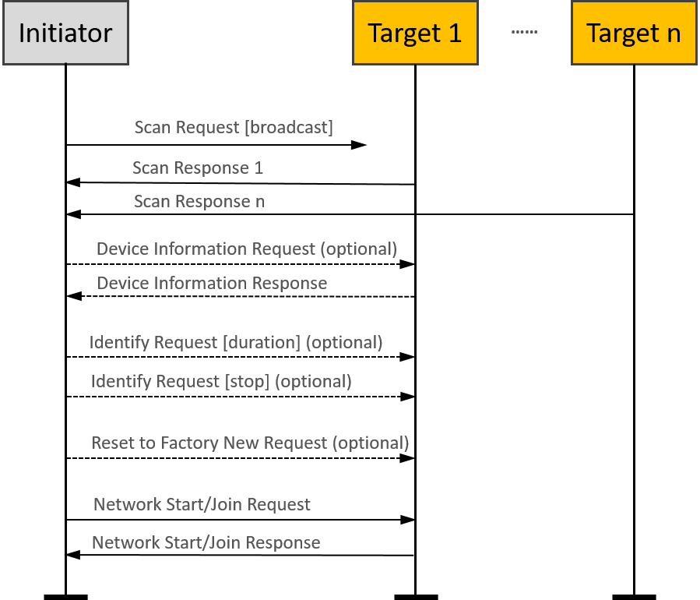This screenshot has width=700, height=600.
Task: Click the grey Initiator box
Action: (x=65, y=33)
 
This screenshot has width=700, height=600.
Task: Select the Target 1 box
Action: (x=415, y=33)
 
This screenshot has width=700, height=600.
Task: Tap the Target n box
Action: (x=634, y=33)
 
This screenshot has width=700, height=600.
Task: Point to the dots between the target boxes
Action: (x=524, y=33)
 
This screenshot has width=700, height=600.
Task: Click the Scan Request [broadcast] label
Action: (x=234, y=127)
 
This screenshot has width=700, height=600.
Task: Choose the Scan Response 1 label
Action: (x=198, y=168)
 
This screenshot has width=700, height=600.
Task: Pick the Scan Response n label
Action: (x=199, y=201)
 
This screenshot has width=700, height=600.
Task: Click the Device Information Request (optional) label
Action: (x=247, y=249)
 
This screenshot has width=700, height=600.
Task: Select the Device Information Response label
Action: (x=212, y=283)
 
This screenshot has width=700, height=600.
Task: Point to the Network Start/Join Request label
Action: (x=202, y=504)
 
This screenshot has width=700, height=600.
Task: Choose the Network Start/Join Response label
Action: (x=206, y=542)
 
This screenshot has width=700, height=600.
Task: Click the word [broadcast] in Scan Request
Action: (x=289, y=127)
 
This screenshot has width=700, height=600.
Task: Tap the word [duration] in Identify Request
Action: (x=262, y=342)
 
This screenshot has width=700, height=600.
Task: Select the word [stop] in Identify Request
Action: (x=247, y=381)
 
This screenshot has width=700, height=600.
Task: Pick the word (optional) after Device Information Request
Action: (x=359, y=249)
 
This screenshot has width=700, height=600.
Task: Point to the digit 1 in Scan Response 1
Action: (x=259, y=168)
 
